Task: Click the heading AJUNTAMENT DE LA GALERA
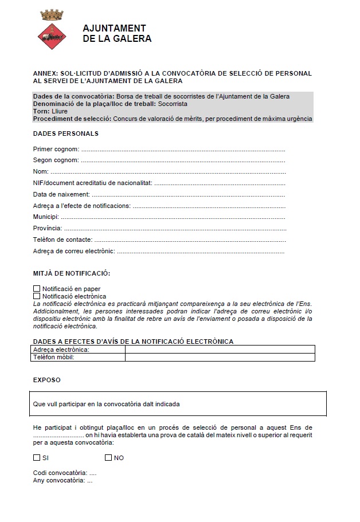(x=117, y=34)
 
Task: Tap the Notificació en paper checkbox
(x=37, y=289)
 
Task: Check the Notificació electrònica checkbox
(x=37, y=296)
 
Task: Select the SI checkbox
(x=37, y=458)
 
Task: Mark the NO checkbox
(x=108, y=458)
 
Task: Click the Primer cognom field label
(x=56, y=149)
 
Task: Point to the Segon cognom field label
(x=56, y=160)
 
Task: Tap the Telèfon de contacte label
(x=62, y=240)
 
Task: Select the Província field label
(x=47, y=228)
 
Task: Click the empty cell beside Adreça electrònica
(x=220, y=350)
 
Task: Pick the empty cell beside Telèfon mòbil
(x=220, y=358)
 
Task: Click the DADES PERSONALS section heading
(x=66, y=134)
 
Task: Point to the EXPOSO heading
(x=46, y=380)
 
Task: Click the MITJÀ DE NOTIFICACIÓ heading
(x=72, y=273)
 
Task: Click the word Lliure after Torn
(x=59, y=111)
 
